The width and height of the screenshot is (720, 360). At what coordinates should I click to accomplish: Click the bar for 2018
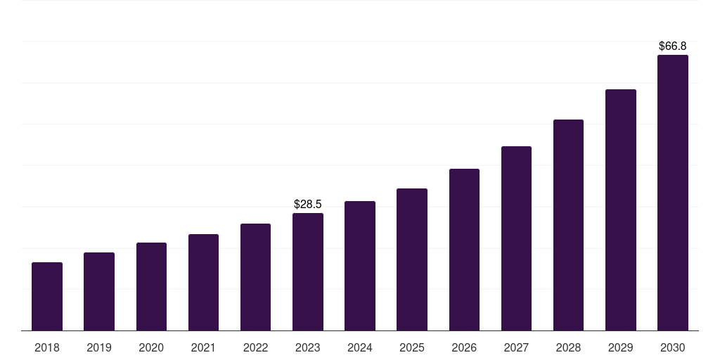coord(47,296)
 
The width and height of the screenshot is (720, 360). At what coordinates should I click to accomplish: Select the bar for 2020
coord(151,286)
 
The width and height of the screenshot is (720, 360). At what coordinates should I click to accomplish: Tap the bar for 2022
coord(255,277)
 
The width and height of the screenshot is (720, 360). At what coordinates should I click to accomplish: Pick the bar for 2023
coord(308,271)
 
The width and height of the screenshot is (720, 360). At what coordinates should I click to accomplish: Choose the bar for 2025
coord(412,259)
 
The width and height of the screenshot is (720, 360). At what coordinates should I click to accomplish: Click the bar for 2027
coord(516,238)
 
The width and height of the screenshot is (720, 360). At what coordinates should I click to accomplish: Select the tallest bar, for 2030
coord(672,193)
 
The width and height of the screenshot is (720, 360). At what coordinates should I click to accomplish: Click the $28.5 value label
coord(308,204)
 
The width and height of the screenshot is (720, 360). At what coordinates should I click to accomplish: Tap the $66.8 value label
coord(672,46)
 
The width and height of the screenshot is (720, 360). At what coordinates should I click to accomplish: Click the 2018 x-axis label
coord(47,347)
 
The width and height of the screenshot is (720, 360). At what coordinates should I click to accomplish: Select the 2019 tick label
coord(99,347)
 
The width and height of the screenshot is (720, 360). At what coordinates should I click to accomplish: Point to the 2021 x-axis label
coord(203,347)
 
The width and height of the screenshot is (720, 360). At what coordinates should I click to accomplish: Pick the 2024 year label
coord(360,347)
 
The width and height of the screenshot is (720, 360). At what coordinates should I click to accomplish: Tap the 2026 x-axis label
coord(464,347)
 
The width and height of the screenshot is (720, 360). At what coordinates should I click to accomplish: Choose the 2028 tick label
coord(568,347)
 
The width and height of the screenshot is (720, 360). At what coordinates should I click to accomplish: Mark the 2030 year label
coord(672,347)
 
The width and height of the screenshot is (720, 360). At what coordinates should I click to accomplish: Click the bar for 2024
coord(360,266)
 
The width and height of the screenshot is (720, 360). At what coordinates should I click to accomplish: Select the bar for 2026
coord(464,250)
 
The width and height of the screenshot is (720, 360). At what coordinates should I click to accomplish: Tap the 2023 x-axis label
coord(308,347)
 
